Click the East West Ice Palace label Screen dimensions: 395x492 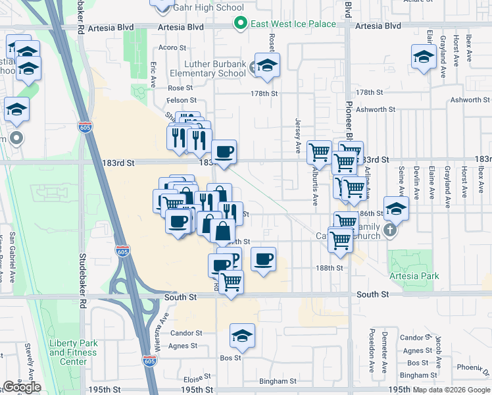[293, 24]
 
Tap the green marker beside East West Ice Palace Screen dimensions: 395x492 [241, 24]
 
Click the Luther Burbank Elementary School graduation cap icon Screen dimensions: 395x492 [267, 65]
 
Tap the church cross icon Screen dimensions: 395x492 [390, 230]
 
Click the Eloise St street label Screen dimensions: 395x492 [196, 379]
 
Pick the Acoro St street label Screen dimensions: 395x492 [173, 48]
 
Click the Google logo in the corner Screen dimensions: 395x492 [22, 387]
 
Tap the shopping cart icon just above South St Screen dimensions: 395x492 [231, 281]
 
